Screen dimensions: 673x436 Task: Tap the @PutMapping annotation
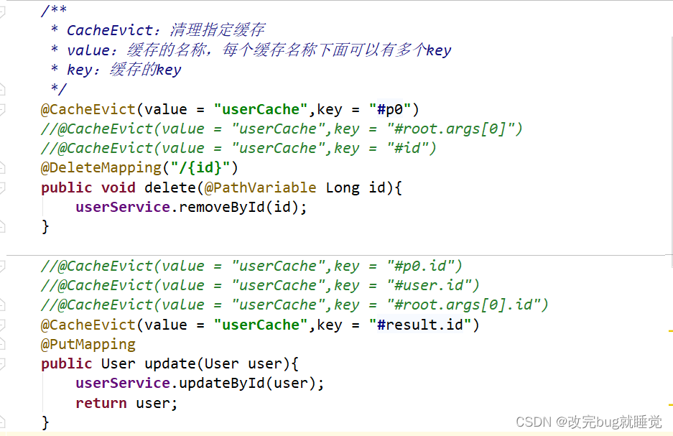coord(88,344)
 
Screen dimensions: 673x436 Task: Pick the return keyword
coord(101,403)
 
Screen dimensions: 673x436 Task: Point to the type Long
coord(343,187)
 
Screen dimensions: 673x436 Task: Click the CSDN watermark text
coord(589,422)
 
